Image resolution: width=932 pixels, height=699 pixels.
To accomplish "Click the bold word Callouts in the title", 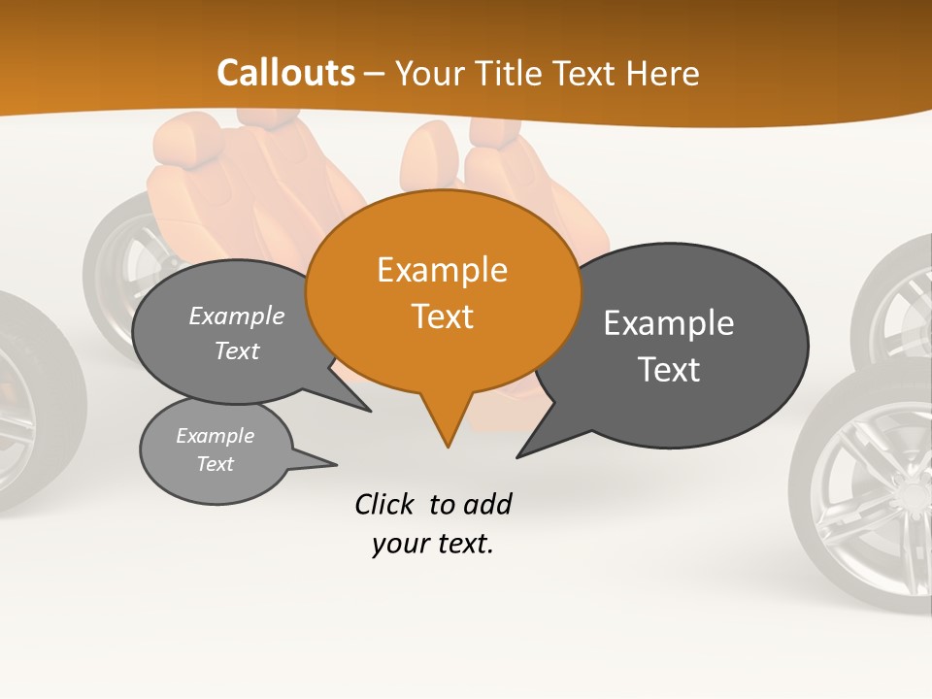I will click(x=285, y=73).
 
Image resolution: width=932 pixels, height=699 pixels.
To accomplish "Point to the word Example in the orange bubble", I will click(x=442, y=270).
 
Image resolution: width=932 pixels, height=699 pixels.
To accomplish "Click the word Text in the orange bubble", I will click(x=442, y=316).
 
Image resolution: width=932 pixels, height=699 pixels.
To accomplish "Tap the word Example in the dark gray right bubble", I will click(x=669, y=323).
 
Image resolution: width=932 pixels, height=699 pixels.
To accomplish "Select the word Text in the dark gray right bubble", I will click(x=669, y=370).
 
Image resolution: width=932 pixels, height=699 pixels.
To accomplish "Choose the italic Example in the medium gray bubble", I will click(x=237, y=316).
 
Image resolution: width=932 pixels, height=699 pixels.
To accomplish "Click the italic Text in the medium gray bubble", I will click(x=237, y=351).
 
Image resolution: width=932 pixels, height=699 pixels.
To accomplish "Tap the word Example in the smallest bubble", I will click(x=215, y=436).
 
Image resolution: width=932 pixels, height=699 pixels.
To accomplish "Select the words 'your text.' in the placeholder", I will click(x=433, y=544).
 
